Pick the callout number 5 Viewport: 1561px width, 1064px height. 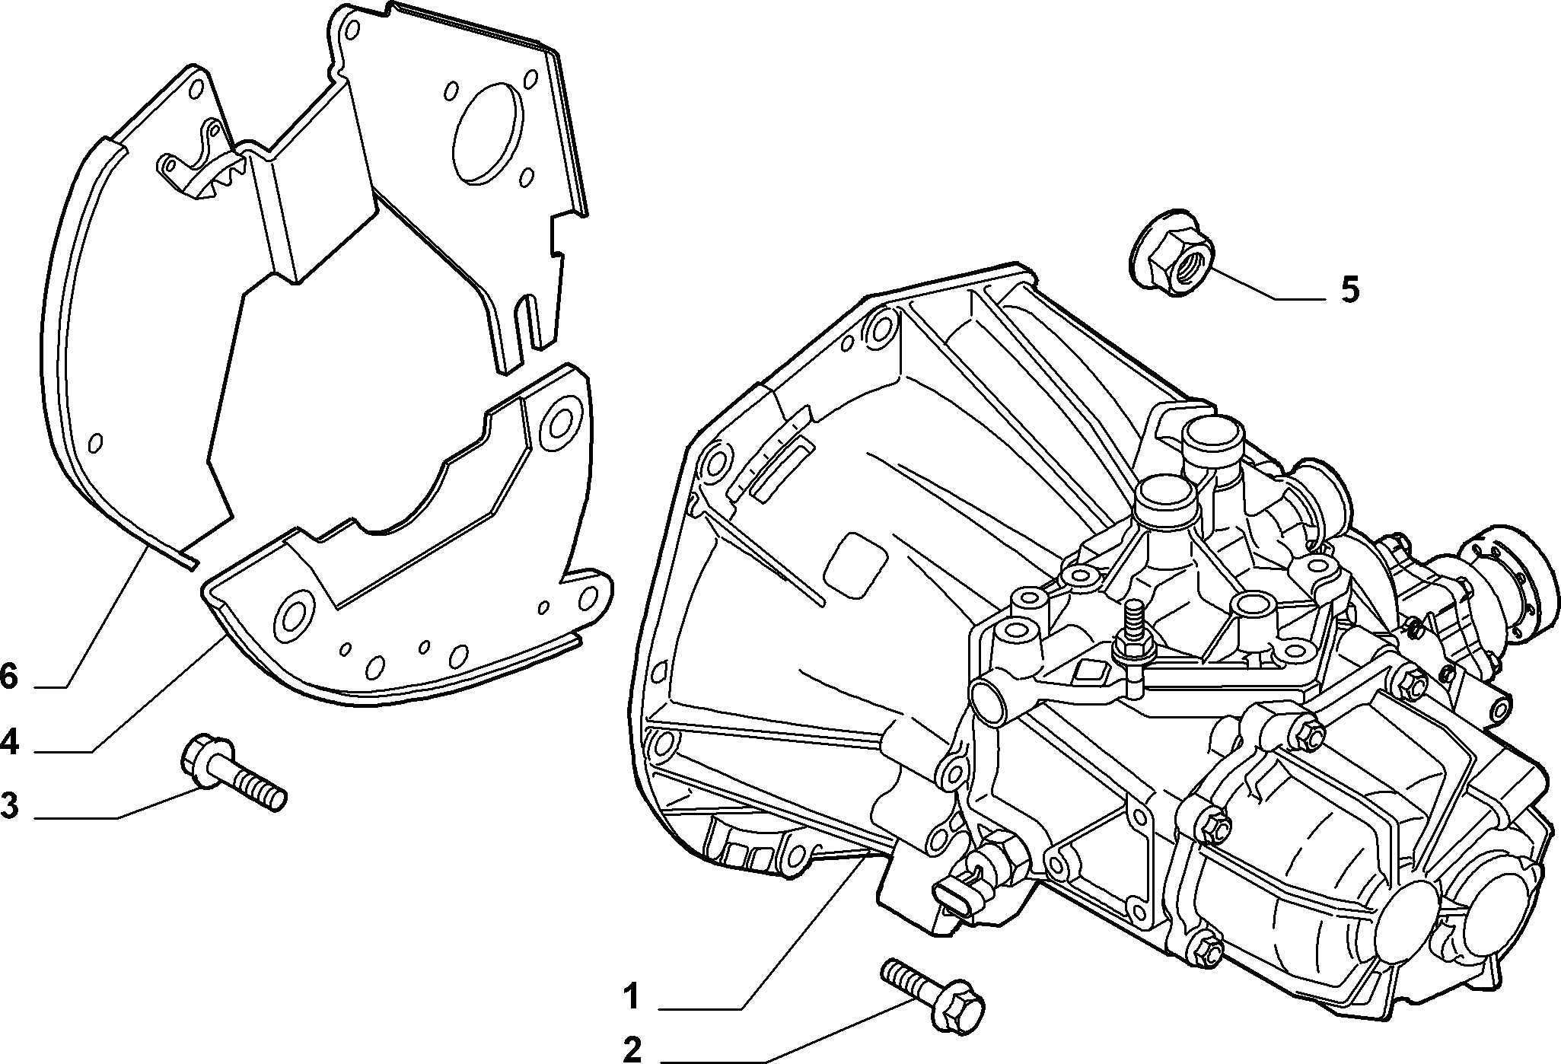1349,290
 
